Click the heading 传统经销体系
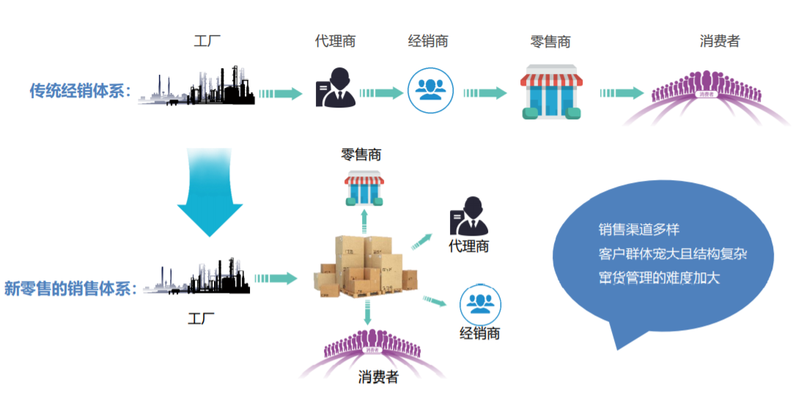(80, 92)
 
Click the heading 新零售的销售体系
(70, 288)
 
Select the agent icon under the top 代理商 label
(335, 87)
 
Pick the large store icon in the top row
(551, 92)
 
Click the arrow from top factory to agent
(280, 94)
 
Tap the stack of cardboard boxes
(365, 267)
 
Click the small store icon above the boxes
(364, 188)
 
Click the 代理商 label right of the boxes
(469, 247)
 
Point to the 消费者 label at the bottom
(378, 377)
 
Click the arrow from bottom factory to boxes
(276, 278)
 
